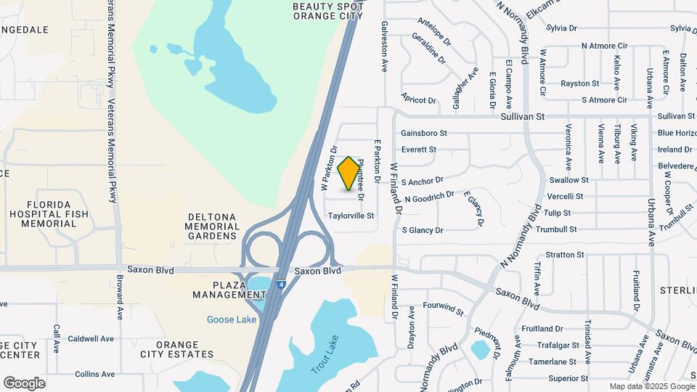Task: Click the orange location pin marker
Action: coord(349,173)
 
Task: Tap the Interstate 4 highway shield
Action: coord(281,285)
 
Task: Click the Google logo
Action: coord(24,383)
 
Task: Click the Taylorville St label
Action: coord(351,216)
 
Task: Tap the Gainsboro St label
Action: coord(424,134)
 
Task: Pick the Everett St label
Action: coord(418,150)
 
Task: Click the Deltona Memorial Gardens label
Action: coord(213,226)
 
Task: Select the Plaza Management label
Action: coord(229,290)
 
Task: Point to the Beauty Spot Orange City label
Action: coord(327,10)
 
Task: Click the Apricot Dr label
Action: coord(418,100)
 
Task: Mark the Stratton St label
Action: coord(565,255)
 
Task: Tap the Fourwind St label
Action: coord(443,309)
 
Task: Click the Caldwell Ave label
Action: coord(91,338)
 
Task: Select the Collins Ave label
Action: coord(94,375)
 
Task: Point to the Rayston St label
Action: coord(580,83)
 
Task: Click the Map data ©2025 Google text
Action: coord(651,386)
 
